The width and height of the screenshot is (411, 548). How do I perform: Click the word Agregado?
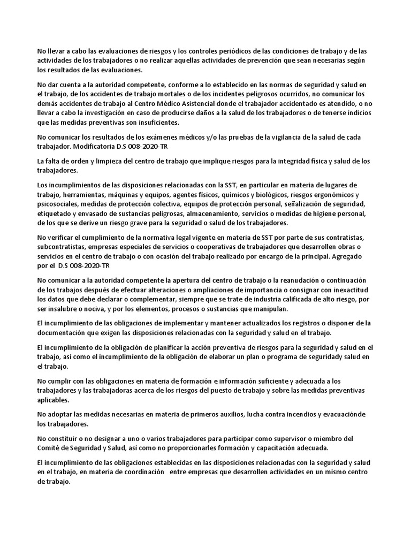click(x=353, y=256)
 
